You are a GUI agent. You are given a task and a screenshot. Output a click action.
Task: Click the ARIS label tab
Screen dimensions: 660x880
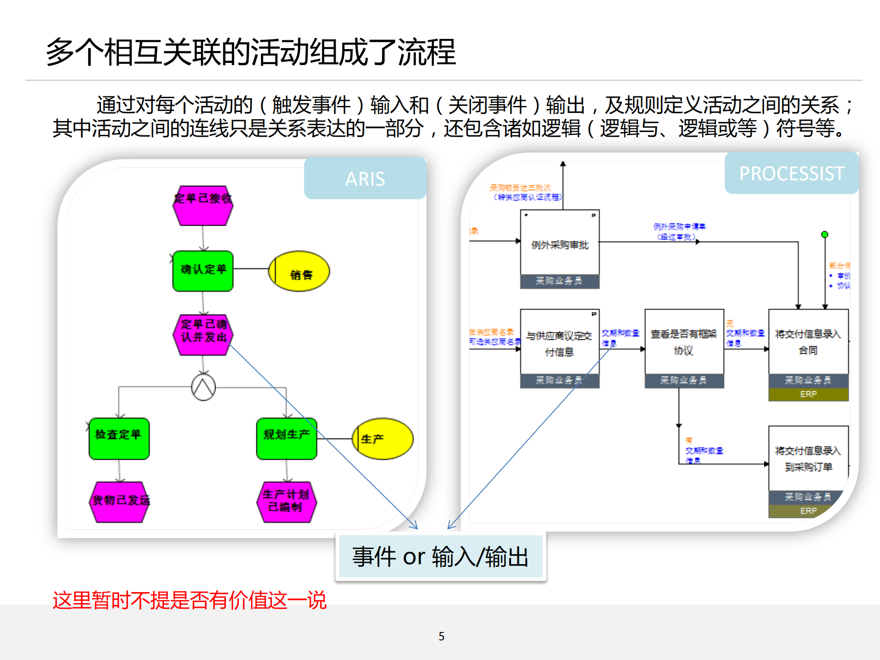[365, 178]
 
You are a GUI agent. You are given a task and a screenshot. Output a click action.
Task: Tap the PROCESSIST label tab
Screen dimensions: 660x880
[791, 173]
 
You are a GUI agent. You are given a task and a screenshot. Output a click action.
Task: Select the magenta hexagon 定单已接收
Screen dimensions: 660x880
[203, 205]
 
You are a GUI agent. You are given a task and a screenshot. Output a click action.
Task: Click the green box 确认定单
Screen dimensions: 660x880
[203, 271]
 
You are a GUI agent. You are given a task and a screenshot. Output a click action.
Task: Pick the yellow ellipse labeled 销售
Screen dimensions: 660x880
[299, 271]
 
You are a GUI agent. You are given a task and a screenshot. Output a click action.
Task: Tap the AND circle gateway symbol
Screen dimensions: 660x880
[203, 387]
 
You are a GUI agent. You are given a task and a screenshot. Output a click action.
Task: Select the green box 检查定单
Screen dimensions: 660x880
[119, 438]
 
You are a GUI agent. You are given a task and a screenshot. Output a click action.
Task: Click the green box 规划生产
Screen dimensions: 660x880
[286, 438]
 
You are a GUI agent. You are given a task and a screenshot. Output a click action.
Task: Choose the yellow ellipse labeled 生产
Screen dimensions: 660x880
[383, 438]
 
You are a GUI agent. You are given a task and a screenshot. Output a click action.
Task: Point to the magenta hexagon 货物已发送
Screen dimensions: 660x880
[119, 502]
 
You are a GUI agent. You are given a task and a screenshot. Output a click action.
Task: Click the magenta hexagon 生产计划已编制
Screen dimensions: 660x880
[286, 502]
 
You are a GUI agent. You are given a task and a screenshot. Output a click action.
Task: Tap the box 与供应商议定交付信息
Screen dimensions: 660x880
[559, 343]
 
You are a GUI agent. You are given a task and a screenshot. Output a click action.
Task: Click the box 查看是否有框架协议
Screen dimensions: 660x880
[684, 342]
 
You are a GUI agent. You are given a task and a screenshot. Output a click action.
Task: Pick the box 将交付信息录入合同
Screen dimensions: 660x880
[808, 342]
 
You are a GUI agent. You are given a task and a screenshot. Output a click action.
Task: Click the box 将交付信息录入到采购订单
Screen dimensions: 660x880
[808, 459]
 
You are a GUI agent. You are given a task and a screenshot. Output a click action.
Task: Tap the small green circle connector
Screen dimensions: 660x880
[825, 234]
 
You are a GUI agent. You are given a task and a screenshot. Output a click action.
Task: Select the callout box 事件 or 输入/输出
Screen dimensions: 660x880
[440, 556]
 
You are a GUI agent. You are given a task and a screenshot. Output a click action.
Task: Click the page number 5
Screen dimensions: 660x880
[441, 636]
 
